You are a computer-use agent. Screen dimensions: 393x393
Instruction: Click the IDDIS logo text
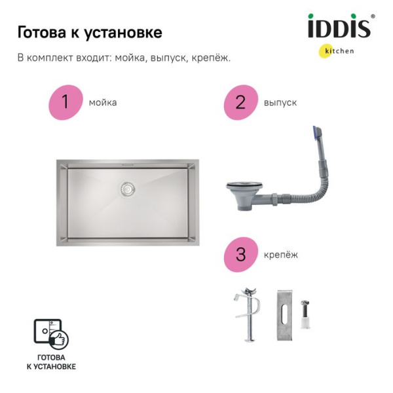(339, 28)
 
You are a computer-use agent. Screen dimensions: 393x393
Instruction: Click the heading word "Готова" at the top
(41, 32)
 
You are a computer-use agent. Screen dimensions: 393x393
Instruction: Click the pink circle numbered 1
(65, 102)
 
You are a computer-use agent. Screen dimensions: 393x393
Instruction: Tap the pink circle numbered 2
(240, 102)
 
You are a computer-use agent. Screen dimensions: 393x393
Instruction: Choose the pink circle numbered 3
(240, 254)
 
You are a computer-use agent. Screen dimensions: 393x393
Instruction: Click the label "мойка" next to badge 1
(103, 103)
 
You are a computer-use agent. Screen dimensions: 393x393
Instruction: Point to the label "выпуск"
(280, 103)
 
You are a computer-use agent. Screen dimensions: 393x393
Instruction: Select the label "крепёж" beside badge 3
(280, 255)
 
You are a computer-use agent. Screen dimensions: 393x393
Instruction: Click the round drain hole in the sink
(128, 189)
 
